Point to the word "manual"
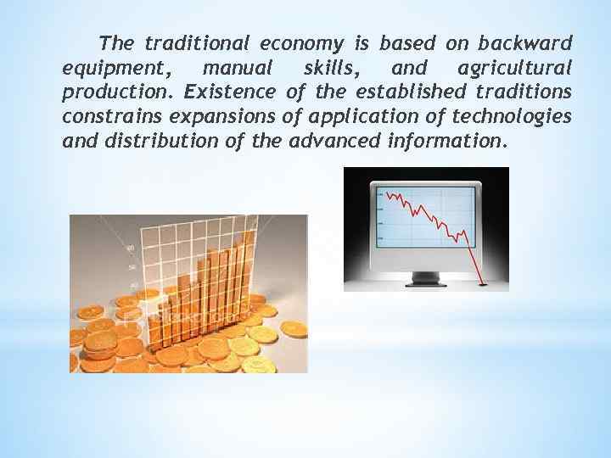(241, 67)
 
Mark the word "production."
(118, 92)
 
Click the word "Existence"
(229, 92)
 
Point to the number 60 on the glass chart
(130, 248)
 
